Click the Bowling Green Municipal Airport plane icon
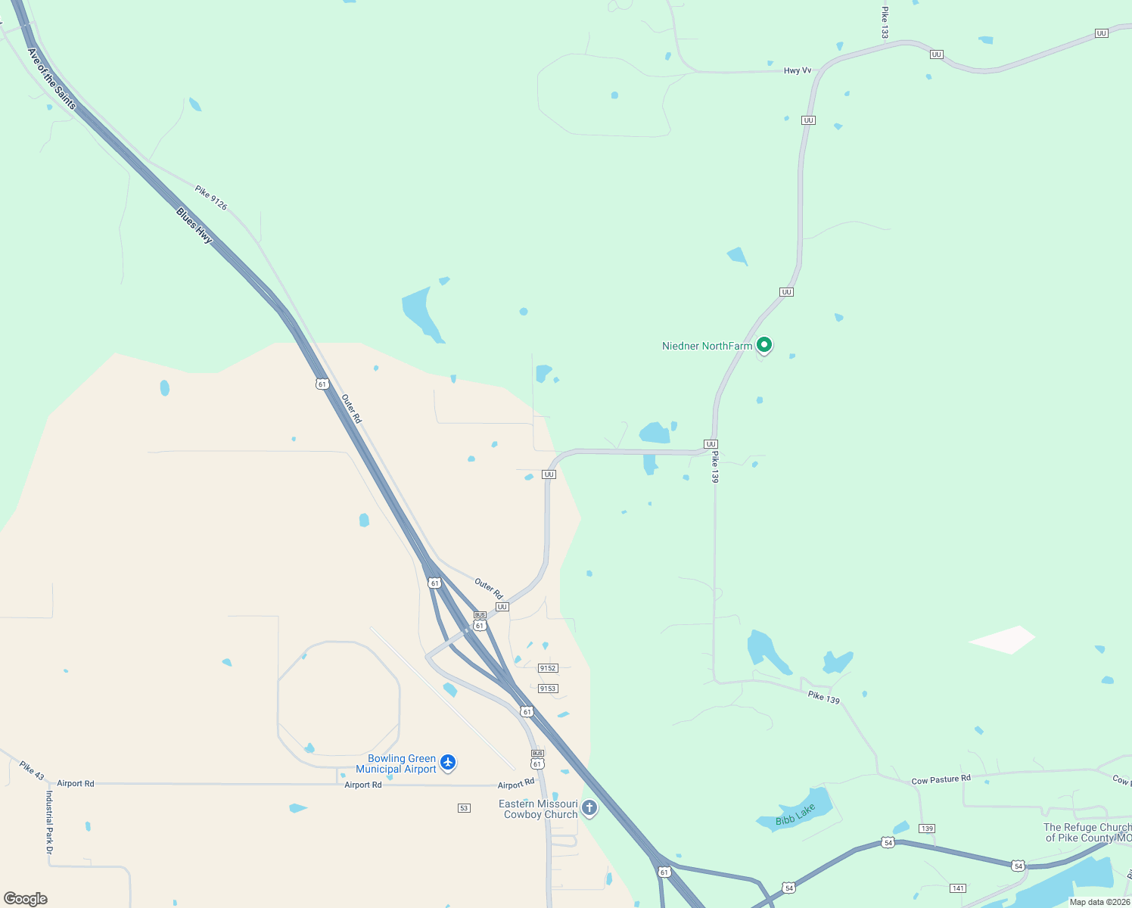pos(448,762)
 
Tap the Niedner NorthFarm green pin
pos(764,346)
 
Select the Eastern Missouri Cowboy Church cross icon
pos(589,808)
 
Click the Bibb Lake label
pos(795,815)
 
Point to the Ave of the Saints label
pos(51,79)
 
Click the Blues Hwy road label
pos(194,225)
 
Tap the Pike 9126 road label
pos(211,197)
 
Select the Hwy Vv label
pos(798,70)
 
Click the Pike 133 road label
pos(885,23)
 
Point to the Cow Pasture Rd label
pos(941,779)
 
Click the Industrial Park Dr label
pos(50,823)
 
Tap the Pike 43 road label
pos(33,771)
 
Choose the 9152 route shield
pos(548,668)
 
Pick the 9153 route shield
pos(548,689)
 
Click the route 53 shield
pos(464,808)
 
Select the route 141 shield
pos(958,888)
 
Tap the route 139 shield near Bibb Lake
pos(927,829)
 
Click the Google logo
pos(26,899)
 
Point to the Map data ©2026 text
pos(1099,902)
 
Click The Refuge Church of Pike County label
pos(1087,832)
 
